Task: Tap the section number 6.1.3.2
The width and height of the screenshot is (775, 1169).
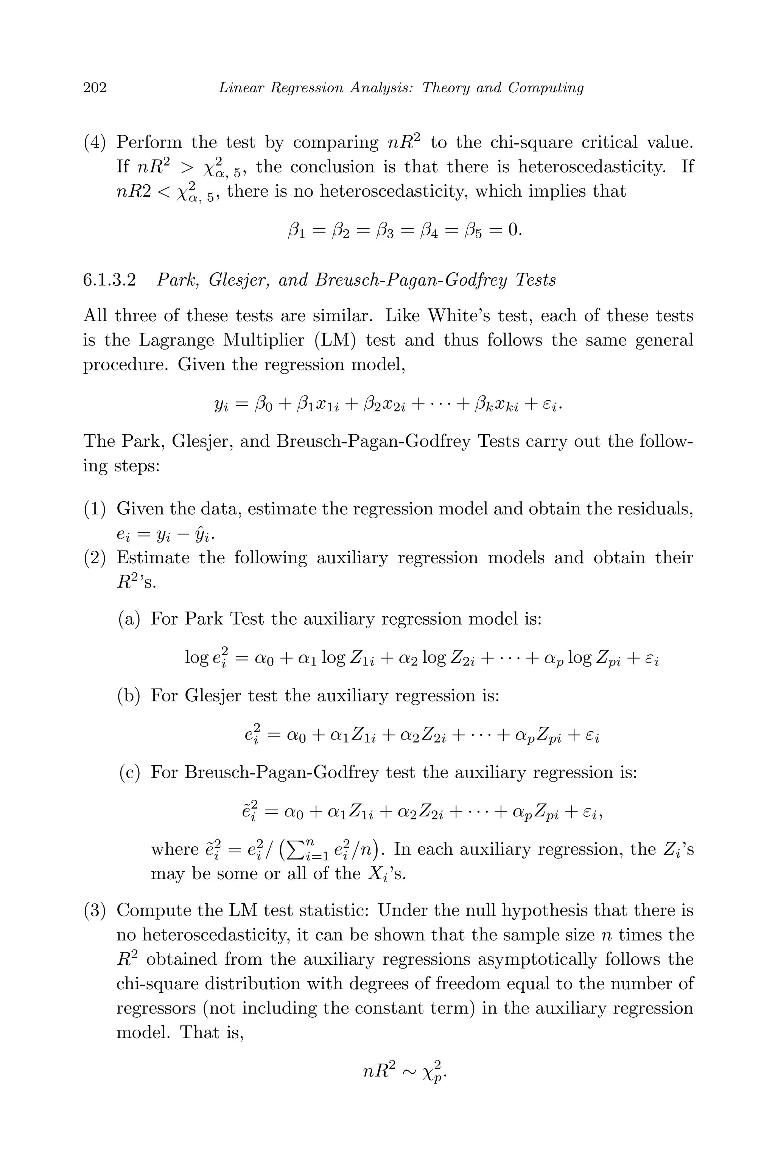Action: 109,281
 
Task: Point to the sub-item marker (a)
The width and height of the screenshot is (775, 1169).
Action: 129,619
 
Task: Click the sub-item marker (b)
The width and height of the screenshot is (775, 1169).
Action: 129,696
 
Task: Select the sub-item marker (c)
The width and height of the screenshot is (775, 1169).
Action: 129,772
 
